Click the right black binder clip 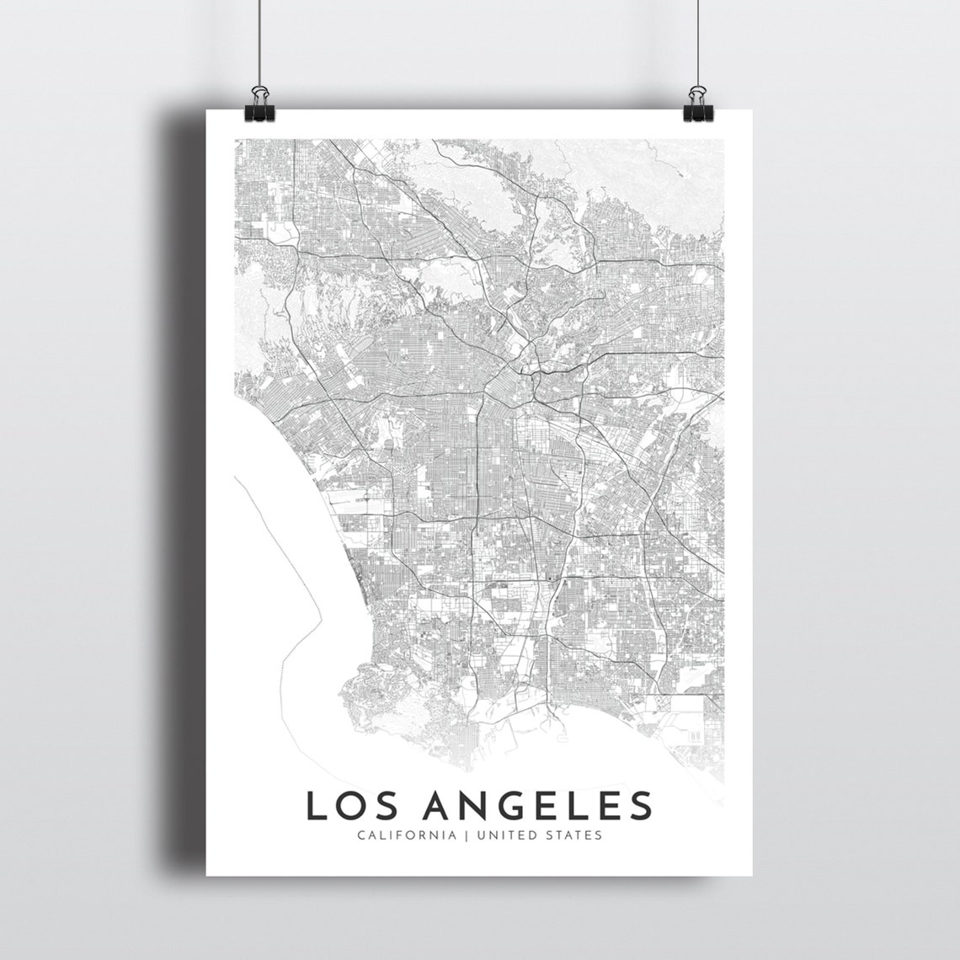click(698, 102)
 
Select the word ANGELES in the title click(538, 805)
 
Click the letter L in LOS click(315, 805)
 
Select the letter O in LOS click(346, 805)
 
